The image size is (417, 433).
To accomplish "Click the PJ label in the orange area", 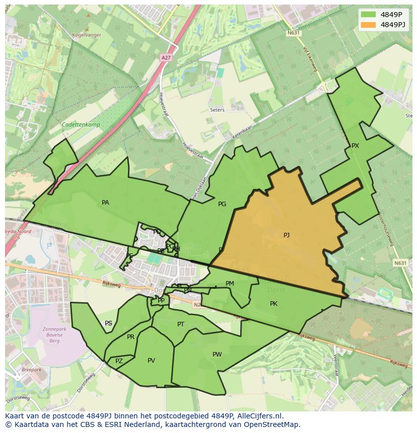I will pyautogui.click(x=287, y=235).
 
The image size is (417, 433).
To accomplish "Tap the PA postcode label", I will pyautogui.click(x=105, y=203).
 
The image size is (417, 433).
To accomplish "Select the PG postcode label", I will pyautogui.click(x=222, y=204).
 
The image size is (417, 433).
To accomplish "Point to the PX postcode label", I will pyautogui.click(x=355, y=146).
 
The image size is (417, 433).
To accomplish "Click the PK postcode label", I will pyautogui.click(x=273, y=304).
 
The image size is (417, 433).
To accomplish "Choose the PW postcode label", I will pyautogui.click(x=217, y=355).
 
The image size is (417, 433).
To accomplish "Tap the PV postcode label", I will pyautogui.click(x=151, y=361).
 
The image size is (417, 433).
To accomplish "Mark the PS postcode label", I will pyautogui.click(x=108, y=323).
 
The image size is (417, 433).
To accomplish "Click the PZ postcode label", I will pyautogui.click(x=119, y=361).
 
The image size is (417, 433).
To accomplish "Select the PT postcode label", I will pyautogui.click(x=181, y=324).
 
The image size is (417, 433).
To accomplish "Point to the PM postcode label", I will pyautogui.click(x=230, y=284).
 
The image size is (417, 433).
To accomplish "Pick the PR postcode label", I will pyautogui.click(x=130, y=337).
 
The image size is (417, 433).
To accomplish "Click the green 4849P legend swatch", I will pyautogui.click(x=368, y=15).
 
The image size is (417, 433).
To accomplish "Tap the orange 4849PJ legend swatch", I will pyautogui.click(x=368, y=25).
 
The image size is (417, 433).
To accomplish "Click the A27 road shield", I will pyautogui.click(x=166, y=58).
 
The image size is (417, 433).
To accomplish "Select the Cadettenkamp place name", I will pyautogui.click(x=81, y=125).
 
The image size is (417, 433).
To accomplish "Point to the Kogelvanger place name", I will pyautogui.click(x=87, y=35).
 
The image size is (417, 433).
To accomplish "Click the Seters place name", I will pyautogui.click(x=218, y=110).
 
